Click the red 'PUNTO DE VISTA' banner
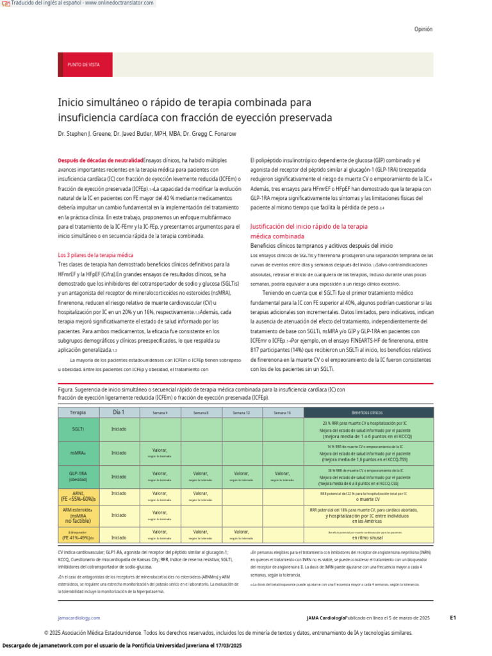pos(83,65)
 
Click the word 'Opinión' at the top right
pos(423,29)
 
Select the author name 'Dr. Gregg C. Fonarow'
pos(211,134)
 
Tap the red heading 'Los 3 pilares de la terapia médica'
pos(95,255)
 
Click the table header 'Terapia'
pos(78,412)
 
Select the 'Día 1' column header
pos(119,412)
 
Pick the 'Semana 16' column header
pos(282,413)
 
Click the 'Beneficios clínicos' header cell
pos(368,412)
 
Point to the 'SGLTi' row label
pos(78,429)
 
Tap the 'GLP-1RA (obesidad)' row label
pos(78,476)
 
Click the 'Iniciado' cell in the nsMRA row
pos(119,452)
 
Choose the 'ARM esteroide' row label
pos(78,515)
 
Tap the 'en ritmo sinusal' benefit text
pos(367,539)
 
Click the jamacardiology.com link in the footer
pos(79,618)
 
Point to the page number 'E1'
pos(452,618)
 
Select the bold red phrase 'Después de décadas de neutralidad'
pos(101,160)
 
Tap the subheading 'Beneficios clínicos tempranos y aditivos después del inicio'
pos(322,245)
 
